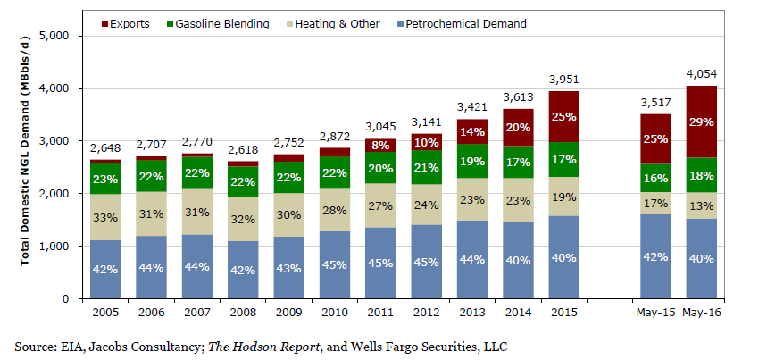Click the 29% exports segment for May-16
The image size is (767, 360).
point(702,121)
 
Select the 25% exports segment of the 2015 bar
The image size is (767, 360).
point(564,116)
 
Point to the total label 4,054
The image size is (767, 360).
point(702,74)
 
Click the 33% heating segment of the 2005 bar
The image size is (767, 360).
point(106,216)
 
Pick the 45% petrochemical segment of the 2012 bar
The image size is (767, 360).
point(427,263)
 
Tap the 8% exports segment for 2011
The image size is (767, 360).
point(381,145)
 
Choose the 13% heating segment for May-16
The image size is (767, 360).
point(702,205)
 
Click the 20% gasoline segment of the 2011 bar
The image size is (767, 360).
point(381,168)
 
